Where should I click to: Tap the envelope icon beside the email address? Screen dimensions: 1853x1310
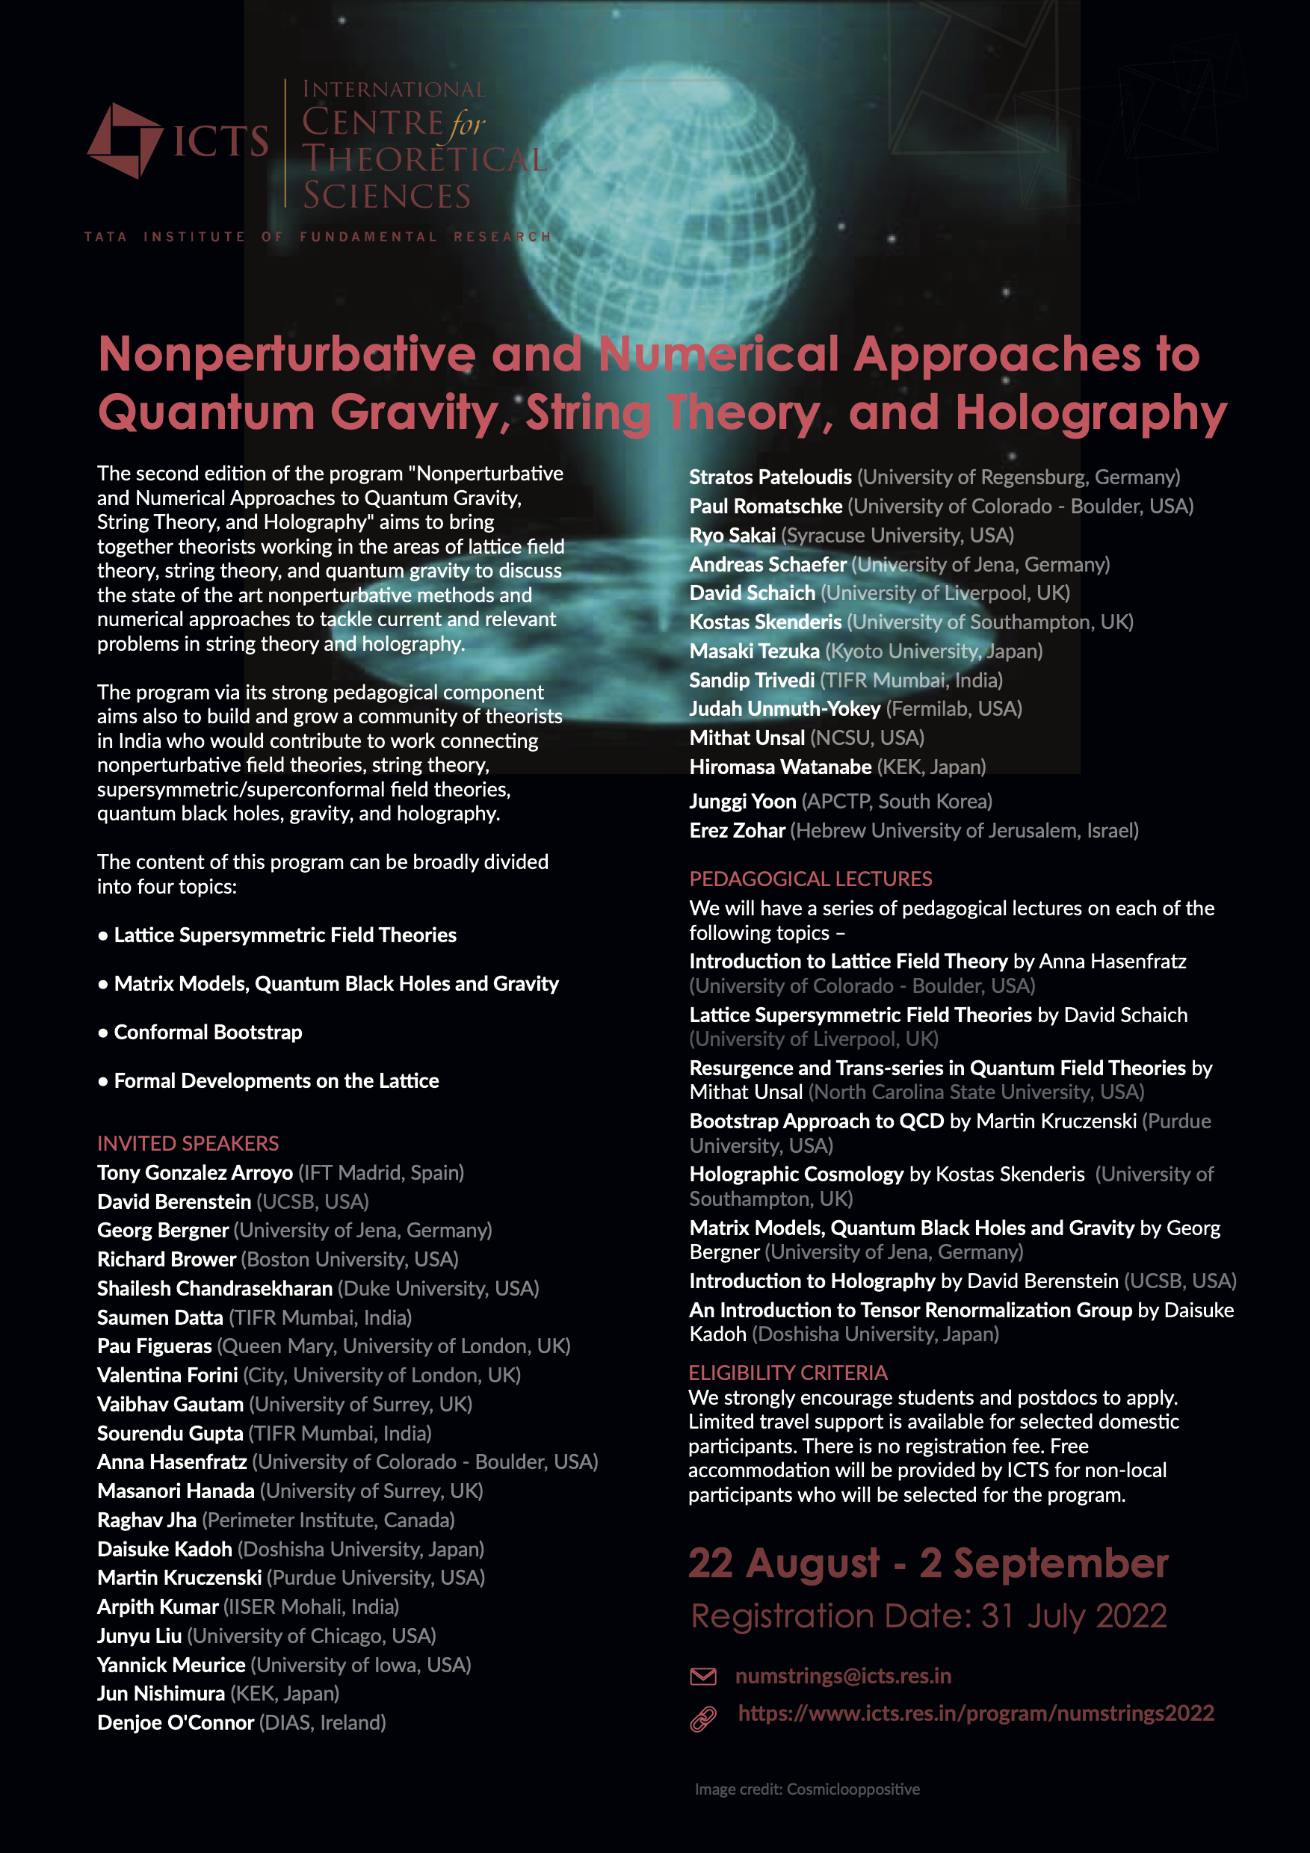(703, 1676)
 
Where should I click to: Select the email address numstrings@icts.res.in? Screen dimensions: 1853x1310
(843, 1676)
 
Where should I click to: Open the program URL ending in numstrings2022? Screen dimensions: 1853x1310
(975, 1713)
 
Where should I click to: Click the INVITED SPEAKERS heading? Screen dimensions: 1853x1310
(188, 1144)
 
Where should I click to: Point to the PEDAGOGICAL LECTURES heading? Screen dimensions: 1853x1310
(810, 879)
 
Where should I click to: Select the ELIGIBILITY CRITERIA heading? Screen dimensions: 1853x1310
(787, 1373)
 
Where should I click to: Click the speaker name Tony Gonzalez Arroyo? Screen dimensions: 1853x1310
(194, 1172)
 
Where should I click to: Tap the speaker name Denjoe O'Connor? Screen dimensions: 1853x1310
(175, 1723)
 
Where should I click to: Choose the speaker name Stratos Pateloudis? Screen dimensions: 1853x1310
(770, 477)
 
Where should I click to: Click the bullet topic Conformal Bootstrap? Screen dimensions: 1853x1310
(208, 1032)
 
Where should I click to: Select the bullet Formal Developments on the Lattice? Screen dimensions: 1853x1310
(276, 1080)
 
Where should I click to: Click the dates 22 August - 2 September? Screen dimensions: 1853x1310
(927, 1563)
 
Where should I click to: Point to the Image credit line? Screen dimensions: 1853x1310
(806, 1789)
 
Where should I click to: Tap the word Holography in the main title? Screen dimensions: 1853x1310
(1090, 412)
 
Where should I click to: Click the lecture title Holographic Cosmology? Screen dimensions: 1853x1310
(796, 1175)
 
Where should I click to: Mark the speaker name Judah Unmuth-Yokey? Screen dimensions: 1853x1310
(785, 709)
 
